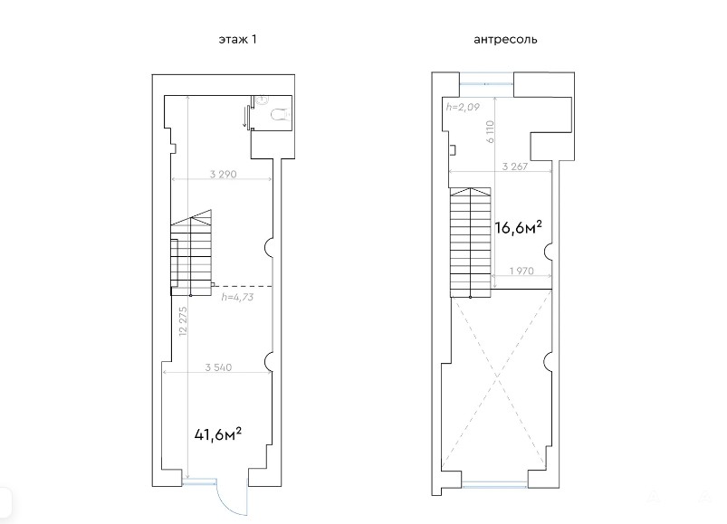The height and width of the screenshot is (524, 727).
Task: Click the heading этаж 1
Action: (x=237, y=40)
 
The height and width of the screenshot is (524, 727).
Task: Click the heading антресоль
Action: (x=505, y=40)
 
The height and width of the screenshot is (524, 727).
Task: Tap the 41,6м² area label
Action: (x=218, y=434)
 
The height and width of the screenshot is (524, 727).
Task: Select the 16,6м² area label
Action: (x=519, y=227)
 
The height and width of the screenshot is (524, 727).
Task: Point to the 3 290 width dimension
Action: (x=223, y=174)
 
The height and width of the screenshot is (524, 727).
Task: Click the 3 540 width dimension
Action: (x=218, y=367)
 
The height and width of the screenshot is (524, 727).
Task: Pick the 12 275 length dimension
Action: (x=183, y=321)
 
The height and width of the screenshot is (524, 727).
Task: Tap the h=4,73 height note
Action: (x=237, y=297)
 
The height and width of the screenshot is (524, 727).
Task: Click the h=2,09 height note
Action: (x=463, y=107)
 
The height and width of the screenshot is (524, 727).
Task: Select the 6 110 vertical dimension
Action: (x=491, y=131)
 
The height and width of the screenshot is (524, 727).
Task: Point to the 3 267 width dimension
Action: (x=514, y=167)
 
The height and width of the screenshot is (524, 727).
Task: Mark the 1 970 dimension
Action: (x=521, y=271)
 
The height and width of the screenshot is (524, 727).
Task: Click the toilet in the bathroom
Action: (x=280, y=113)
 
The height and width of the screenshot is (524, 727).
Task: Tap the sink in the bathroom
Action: (x=262, y=100)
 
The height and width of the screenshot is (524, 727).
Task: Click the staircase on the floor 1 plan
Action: (x=192, y=252)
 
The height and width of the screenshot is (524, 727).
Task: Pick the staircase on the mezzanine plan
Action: (x=471, y=243)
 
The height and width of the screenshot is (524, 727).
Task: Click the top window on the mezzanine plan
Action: (x=486, y=84)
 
